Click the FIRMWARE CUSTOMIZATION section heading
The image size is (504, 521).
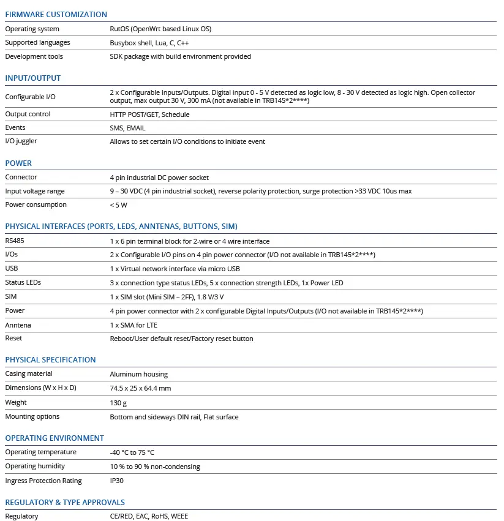[x=56, y=14]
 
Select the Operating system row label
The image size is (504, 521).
[x=32, y=29]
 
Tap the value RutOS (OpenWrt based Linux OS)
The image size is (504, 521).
[x=160, y=29]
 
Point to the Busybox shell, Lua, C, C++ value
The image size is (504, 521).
[x=149, y=43]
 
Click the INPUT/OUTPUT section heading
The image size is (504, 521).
[x=33, y=78]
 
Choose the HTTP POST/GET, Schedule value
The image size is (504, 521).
[x=149, y=114]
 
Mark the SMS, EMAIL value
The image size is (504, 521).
[x=127, y=128]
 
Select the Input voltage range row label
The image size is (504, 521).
[x=35, y=191]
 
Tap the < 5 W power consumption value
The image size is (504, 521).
[x=119, y=205]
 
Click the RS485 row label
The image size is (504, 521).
[x=15, y=241]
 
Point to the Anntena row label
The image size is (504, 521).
[x=18, y=324]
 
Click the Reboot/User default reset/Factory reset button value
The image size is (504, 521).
[x=181, y=339]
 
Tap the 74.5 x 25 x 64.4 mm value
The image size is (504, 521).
[x=140, y=388]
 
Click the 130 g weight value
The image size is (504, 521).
[x=118, y=402]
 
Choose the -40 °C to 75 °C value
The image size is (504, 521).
[x=132, y=452]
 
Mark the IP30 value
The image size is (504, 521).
[x=116, y=481]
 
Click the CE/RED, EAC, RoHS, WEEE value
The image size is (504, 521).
[x=149, y=516]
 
